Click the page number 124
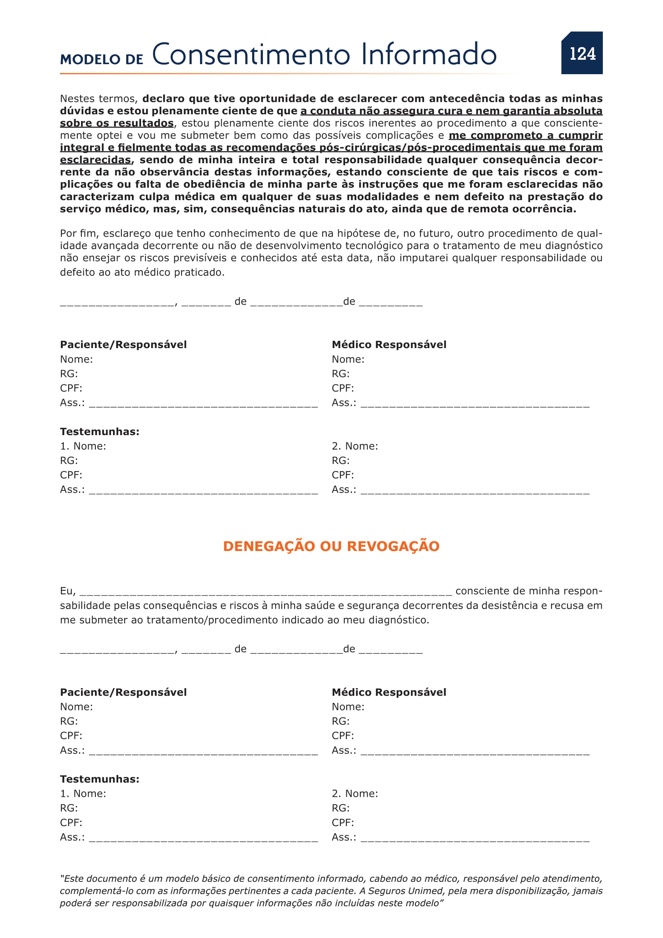tap(582, 53)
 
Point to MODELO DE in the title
tap(102, 59)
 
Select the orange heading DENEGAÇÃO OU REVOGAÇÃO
tap(331, 546)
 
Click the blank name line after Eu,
tap(266, 592)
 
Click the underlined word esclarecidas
tap(95, 160)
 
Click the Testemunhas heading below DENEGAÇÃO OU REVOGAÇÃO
tap(100, 779)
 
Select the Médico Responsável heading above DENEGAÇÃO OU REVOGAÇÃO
tap(389, 344)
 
